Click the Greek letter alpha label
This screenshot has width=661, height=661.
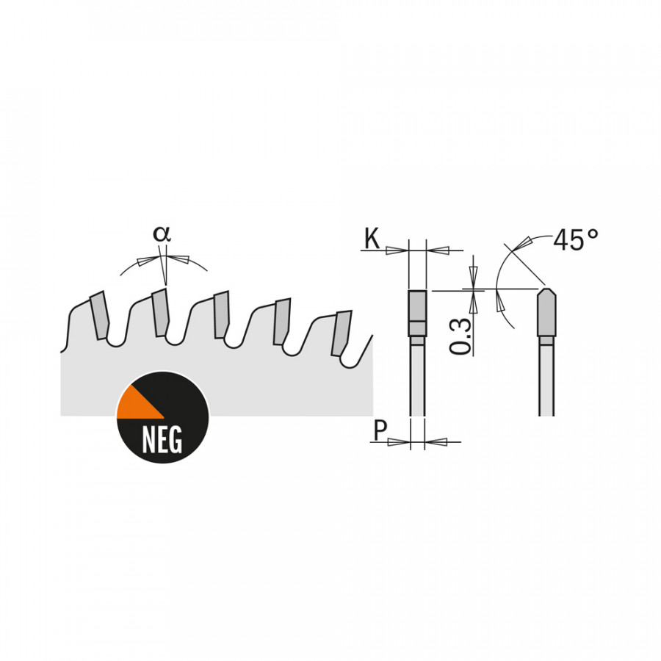pyautogui.click(x=162, y=234)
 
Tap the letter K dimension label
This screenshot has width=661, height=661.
pyautogui.click(x=372, y=239)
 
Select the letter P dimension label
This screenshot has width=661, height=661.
pyautogui.click(x=379, y=430)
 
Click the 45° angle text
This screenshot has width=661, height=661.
pyautogui.click(x=576, y=239)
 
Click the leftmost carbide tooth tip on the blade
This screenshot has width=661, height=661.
pyautogui.click(x=100, y=316)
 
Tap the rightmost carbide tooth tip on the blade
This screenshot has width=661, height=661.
pyautogui.click(x=342, y=332)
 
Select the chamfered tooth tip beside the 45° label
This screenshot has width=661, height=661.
pyautogui.click(x=545, y=312)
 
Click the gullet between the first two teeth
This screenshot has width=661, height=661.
pyautogui.click(x=115, y=340)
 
